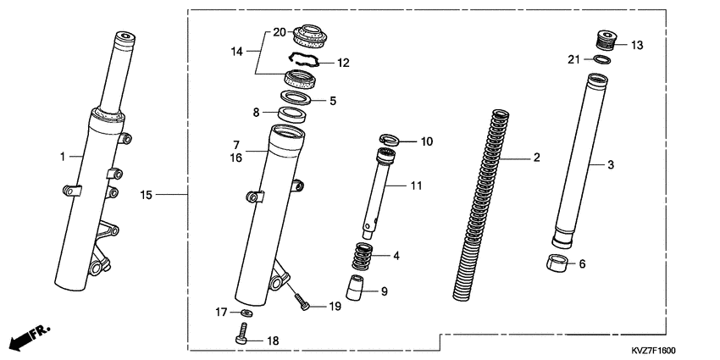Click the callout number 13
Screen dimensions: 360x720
pyautogui.click(x=637, y=45)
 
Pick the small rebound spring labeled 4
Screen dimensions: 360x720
pyautogui.click(x=362, y=254)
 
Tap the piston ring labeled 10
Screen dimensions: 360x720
pyautogui.click(x=389, y=140)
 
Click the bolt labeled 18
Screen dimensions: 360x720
pyautogui.click(x=241, y=338)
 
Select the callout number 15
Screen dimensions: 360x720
pyautogui.click(x=146, y=196)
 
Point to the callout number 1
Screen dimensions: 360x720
pyautogui.click(x=62, y=156)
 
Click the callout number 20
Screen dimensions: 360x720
pyautogui.click(x=279, y=31)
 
